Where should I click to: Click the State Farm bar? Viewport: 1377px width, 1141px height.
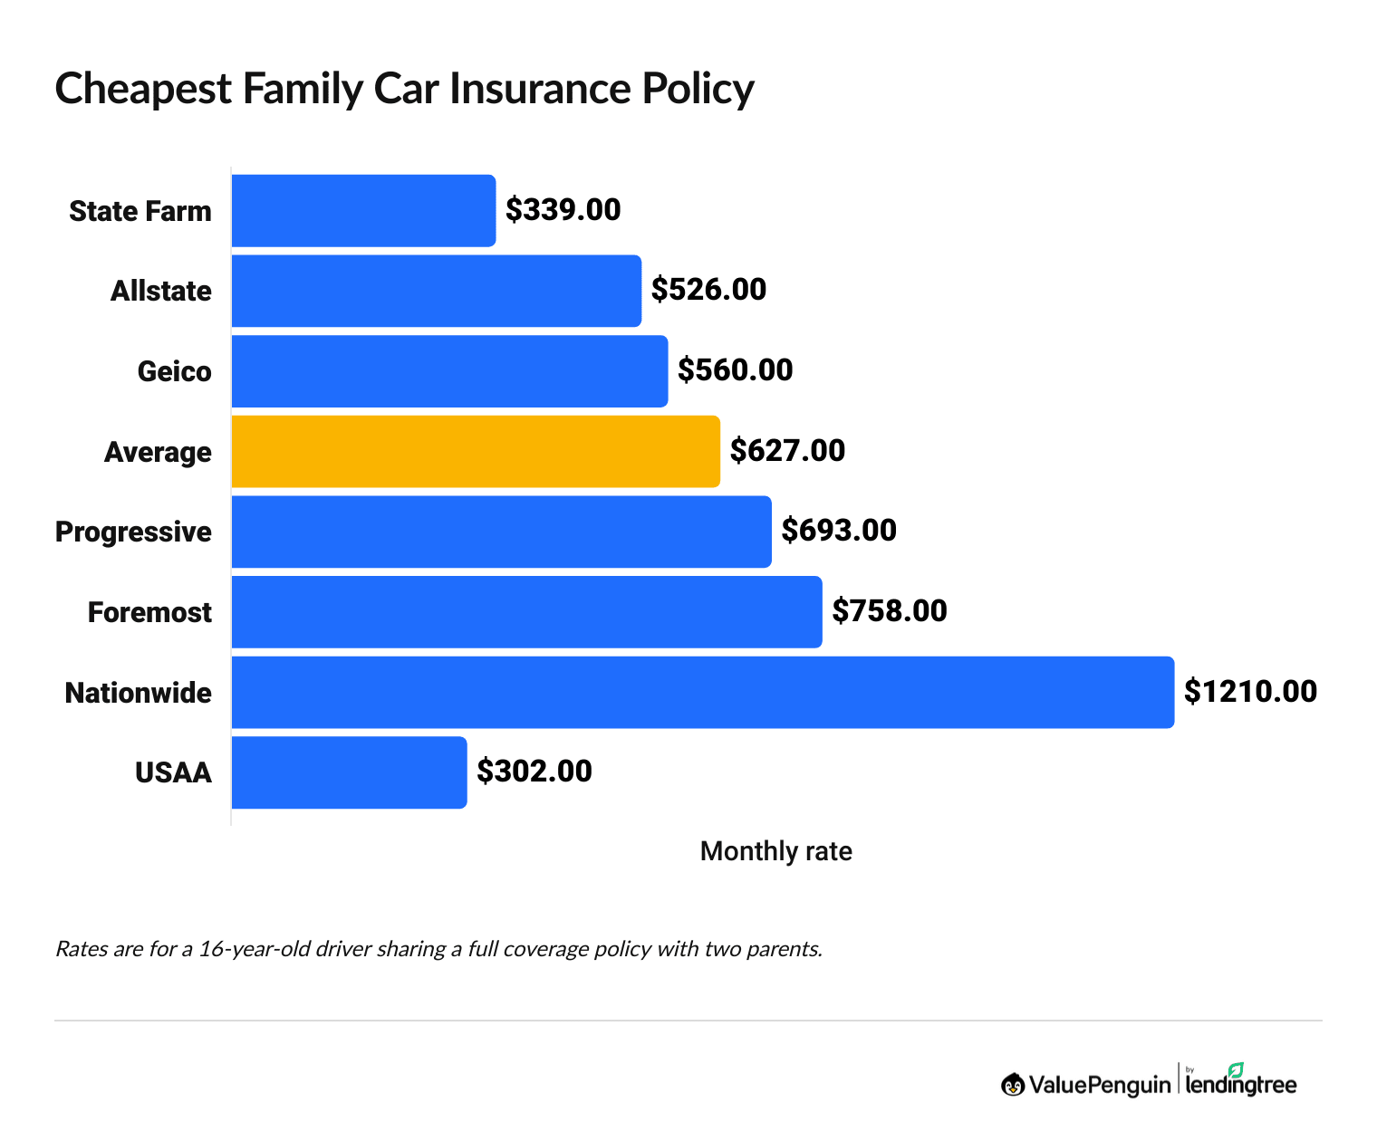(x=363, y=210)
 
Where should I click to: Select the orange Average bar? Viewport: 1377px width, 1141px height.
(x=476, y=451)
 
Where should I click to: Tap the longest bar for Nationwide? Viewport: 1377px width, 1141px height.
(x=702, y=692)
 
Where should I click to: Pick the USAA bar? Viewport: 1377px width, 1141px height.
(x=349, y=772)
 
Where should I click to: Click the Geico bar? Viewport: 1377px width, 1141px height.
(x=449, y=371)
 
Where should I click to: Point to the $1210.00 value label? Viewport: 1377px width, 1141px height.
(x=1250, y=692)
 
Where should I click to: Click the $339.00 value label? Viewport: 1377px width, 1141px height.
(x=563, y=210)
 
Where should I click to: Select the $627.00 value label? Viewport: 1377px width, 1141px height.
(x=787, y=451)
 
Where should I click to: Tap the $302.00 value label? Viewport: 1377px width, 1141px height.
(x=534, y=772)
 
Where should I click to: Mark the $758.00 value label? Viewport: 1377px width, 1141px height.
(x=889, y=611)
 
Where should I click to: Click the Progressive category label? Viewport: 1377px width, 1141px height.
(x=133, y=532)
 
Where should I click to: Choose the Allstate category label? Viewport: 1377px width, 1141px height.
(x=160, y=291)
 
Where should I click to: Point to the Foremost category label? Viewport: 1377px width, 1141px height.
(x=149, y=612)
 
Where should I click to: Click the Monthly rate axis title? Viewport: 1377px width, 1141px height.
(x=775, y=851)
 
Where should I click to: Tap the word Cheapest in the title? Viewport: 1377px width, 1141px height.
(x=143, y=89)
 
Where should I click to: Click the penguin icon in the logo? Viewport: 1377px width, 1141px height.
(x=1012, y=1084)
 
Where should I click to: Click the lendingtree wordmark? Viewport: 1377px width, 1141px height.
(x=1240, y=1085)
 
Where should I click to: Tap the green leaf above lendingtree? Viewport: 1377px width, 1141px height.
(x=1236, y=1069)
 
